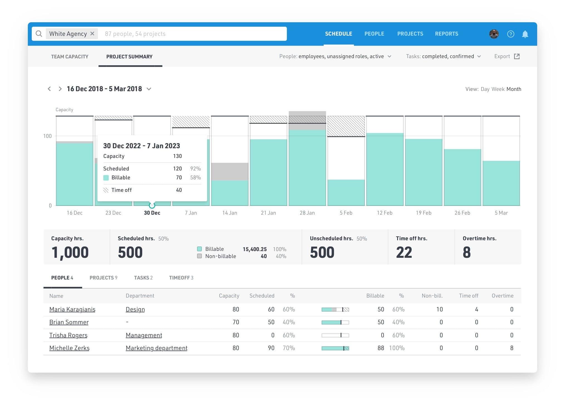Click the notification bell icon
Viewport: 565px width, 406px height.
pos(525,34)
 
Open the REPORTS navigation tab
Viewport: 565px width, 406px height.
pos(446,34)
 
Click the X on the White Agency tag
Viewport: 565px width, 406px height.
pos(92,34)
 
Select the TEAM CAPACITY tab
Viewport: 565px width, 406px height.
pos(70,56)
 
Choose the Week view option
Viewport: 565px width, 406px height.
pos(498,89)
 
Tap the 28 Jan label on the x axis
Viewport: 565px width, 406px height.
pos(307,213)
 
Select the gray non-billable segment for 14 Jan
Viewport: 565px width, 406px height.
pos(230,171)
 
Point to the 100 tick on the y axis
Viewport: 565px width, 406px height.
pos(48,136)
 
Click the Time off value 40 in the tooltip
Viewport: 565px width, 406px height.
pos(179,190)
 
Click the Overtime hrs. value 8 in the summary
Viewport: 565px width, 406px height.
pos(467,252)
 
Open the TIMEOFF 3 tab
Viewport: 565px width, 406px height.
pos(181,278)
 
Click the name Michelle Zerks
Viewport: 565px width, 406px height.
pos(69,348)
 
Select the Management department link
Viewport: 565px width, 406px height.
pos(144,335)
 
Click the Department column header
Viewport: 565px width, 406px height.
pos(140,296)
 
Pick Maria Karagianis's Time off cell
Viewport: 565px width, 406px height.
pos(476,309)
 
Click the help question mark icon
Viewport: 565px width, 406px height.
pos(510,34)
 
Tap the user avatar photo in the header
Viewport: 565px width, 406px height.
pos(494,34)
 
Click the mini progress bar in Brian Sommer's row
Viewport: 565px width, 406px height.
pos(335,322)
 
